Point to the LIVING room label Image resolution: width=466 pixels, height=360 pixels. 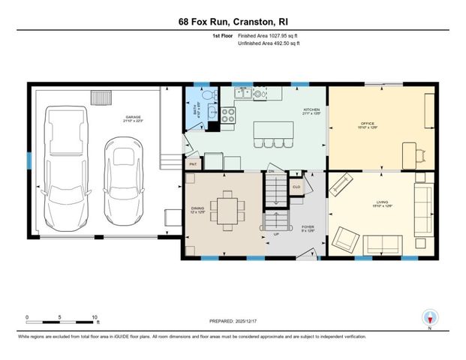371,202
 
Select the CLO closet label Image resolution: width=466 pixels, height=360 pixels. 296,185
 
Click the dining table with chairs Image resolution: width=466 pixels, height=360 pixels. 226,207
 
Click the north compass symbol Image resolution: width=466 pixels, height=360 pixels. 430,317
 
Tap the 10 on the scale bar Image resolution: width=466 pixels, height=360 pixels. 95,317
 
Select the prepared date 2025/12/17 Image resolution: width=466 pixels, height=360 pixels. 259,321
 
